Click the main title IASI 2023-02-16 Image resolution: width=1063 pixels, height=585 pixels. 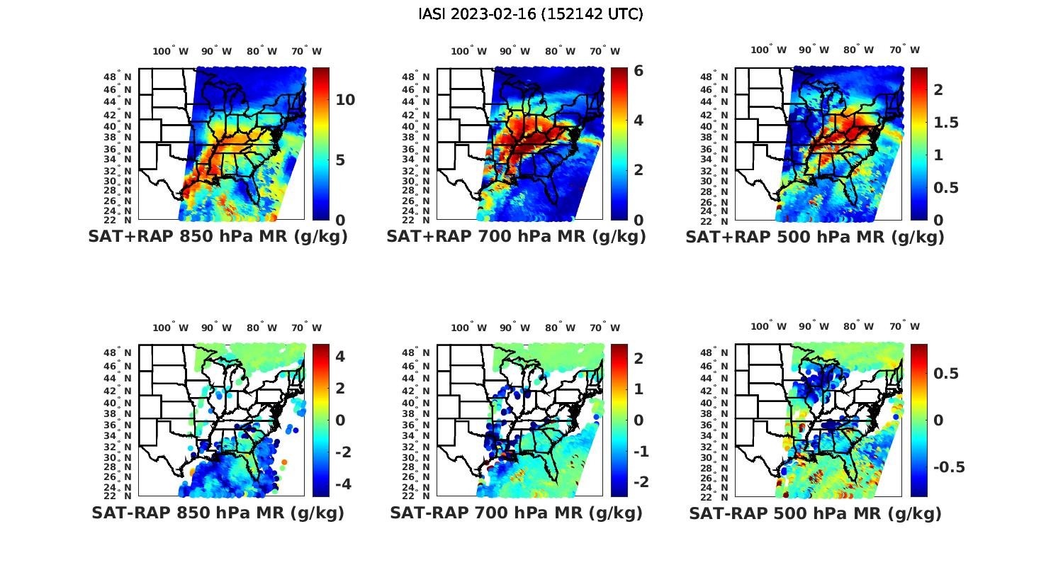click(531, 14)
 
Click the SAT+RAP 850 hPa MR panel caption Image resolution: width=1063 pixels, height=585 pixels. click(218, 237)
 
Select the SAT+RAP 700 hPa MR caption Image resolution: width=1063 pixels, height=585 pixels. click(516, 237)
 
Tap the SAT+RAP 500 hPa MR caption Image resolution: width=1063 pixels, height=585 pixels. click(814, 237)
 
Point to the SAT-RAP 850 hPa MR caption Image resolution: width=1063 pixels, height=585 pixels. click(218, 513)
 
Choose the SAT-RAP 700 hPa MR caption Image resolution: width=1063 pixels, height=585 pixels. click(516, 513)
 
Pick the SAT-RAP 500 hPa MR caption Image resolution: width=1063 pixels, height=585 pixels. click(815, 513)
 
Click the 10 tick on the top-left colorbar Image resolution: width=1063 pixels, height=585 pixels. click(345, 100)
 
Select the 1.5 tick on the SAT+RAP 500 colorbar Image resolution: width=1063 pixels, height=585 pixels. click(946, 123)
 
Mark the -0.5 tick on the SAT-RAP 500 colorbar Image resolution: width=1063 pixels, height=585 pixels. click(949, 467)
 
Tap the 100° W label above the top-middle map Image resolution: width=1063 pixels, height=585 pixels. click(468, 51)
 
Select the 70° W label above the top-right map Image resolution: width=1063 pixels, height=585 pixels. click(904, 50)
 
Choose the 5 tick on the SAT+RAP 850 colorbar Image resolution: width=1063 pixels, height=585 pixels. click(340, 160)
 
